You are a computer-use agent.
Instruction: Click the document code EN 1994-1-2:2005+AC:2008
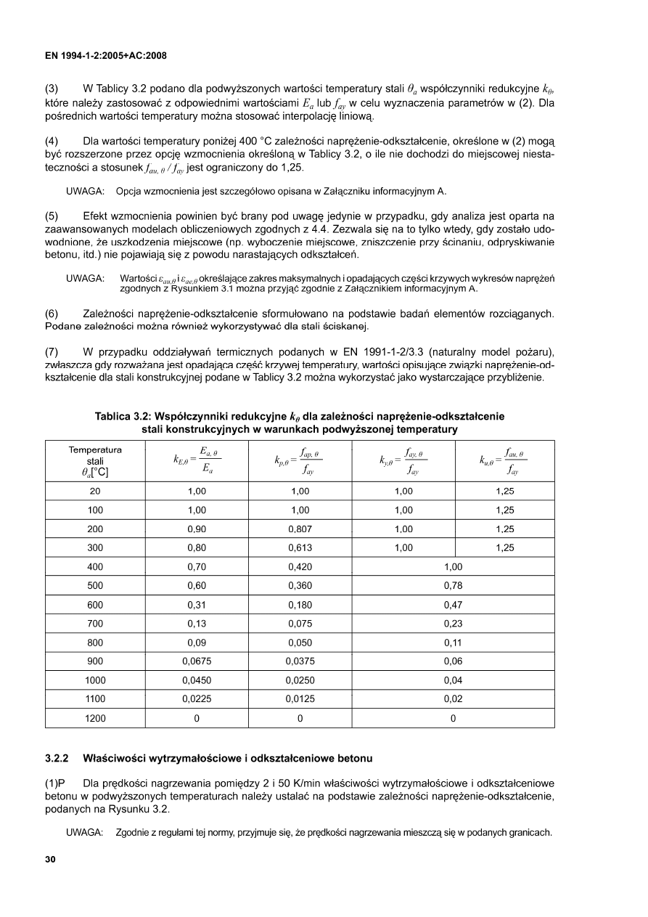(x=106, y=55)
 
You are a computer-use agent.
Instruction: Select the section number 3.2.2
(x=57, y=759)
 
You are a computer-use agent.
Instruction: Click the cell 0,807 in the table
(x=300, y=529)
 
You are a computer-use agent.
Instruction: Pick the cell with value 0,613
(x=300, y=548)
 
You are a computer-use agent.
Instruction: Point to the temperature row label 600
(x=95, y=605)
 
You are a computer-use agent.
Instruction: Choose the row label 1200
(x=95, y=718)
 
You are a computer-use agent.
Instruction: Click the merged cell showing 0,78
(x=453, y=586)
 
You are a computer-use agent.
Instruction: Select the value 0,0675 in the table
(x=196, y=661)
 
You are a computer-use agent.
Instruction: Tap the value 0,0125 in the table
(x=300, y=699)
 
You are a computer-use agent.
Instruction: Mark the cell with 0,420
(x=300, y=567)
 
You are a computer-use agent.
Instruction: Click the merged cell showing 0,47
(x=453, y=605)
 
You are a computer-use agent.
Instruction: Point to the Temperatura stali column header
(x=95, y=460)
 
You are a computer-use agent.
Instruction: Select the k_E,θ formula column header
(x=196, y=460)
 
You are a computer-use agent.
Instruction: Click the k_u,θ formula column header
(x=504, y=460)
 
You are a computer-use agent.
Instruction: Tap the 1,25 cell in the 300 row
(x=504, y=548)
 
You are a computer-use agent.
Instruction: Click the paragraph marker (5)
(x=52, y=216)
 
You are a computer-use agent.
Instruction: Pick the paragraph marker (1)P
(x=55, y=783)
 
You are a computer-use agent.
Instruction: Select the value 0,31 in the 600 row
(x=196, y=605)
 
